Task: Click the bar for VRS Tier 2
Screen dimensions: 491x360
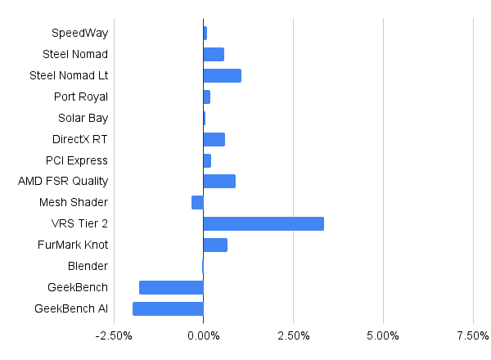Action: point(264,223)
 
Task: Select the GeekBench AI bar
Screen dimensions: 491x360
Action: point(168,308)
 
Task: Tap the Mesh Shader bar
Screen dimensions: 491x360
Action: point(197,202)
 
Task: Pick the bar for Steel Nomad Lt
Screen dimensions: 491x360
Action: point(223,76)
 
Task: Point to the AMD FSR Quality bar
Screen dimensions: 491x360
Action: point(219,182)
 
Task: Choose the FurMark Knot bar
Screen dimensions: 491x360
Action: point(215,245)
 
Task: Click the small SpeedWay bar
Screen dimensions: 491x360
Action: point(205,34)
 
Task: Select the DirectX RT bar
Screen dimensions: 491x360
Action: point(214,139)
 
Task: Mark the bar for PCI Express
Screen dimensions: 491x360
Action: point(207,160)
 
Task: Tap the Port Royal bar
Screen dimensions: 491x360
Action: point(207,97)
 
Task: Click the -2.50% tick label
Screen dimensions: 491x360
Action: point(114,336)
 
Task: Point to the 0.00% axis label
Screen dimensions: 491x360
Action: point(204,336)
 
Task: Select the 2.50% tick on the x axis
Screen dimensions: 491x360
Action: point(294,336)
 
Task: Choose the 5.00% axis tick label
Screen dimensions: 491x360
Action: point(383,336)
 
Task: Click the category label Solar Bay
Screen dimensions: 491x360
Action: point(83,119)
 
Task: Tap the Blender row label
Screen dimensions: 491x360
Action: point(88,266)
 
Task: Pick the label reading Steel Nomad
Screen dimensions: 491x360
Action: point(75,54)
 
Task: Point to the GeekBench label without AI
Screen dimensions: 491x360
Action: point(78,287)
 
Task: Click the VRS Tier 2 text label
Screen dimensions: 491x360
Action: point(79,223)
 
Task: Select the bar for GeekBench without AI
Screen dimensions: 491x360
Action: point(171,287)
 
